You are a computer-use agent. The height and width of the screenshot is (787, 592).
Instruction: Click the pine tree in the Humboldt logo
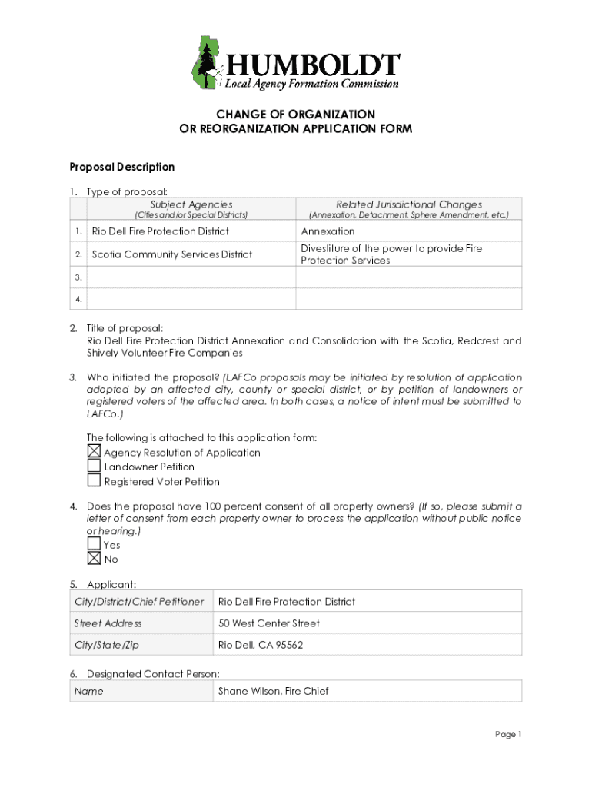(207, 61)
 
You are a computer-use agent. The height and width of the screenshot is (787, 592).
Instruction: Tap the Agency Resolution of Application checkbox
(94, 452)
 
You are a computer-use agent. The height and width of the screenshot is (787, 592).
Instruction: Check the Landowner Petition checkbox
(94, 466)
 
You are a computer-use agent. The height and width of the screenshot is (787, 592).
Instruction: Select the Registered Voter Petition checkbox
(94, 481)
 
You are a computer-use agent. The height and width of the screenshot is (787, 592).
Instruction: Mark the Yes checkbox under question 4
(94, 544)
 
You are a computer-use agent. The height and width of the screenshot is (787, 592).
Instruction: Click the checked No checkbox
(94, 559)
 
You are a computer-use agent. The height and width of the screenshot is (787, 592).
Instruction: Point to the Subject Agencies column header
(191, 204)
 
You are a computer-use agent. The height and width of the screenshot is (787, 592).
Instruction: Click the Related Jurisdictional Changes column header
(408, 204)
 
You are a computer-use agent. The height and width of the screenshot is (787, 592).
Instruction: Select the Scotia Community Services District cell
(171, 254)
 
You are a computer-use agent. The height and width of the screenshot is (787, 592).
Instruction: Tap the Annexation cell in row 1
(328, 231)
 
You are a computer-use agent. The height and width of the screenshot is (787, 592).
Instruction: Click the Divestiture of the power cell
(391, 254)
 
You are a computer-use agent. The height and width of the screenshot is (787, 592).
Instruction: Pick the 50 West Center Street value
(268, 623)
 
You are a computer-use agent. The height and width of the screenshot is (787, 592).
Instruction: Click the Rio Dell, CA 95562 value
(261, 645)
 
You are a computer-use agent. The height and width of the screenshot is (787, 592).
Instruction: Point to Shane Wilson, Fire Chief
(273, 691)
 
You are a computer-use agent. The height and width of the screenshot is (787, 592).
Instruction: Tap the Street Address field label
(108, 623)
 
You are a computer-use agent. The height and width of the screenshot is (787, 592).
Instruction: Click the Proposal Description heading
(122, 167)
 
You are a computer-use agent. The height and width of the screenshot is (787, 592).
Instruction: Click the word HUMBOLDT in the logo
(311, 64)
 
